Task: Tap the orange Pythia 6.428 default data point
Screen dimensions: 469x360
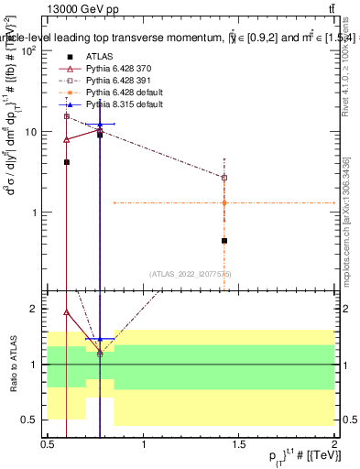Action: click(224, 202)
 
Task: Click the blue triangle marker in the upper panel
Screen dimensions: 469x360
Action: click(101, 124)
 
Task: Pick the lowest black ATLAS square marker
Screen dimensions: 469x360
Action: click(224, 241)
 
